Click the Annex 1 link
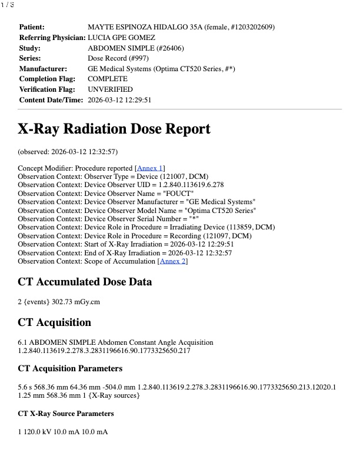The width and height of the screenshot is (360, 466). pos(150,168)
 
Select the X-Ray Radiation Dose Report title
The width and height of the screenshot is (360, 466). pos(114,129)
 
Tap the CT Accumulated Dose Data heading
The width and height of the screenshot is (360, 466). pos(85,283)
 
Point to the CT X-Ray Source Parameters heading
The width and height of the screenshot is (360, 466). pos(66,414)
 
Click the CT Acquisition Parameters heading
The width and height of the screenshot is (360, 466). pos(70,369)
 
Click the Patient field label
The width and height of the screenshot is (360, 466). pos(32,27)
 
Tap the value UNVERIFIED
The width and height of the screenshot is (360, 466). pos(110,89)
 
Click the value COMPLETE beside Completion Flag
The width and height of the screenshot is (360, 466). pos(107,79)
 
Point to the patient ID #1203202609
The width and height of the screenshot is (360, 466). pos(251,27)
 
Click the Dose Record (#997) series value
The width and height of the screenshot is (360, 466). pos(118,58)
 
